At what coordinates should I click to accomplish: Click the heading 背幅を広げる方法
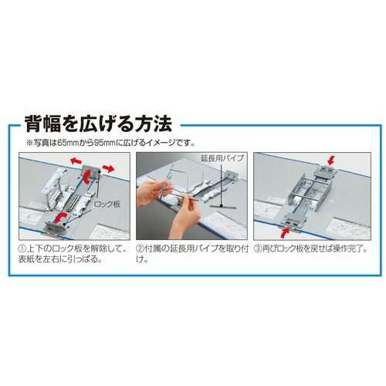click(x=98, y=124)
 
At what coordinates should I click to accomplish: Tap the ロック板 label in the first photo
click(x=107, y=205)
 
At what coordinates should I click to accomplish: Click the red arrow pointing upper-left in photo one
click(x=76, y=161)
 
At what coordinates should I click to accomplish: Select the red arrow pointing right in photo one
click(x=108, y=168)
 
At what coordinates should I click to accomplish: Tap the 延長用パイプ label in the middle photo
click(x=222, y=158)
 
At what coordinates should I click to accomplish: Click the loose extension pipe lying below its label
click(x=222, y=206)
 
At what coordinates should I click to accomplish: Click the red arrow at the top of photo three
click(x=332, y=161)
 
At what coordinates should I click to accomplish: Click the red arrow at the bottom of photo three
click(x=285, y=233)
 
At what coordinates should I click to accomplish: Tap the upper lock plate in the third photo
click(x=325, y=171)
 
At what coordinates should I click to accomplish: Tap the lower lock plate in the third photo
click(x=295, y=222)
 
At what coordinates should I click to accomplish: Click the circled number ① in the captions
click(x=22, y=249)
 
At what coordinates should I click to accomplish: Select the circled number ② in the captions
click(x=140, y=249)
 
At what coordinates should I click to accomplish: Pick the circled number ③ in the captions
click(x=258, y=249)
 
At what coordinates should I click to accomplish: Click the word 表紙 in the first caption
click(x=26, y=259)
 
